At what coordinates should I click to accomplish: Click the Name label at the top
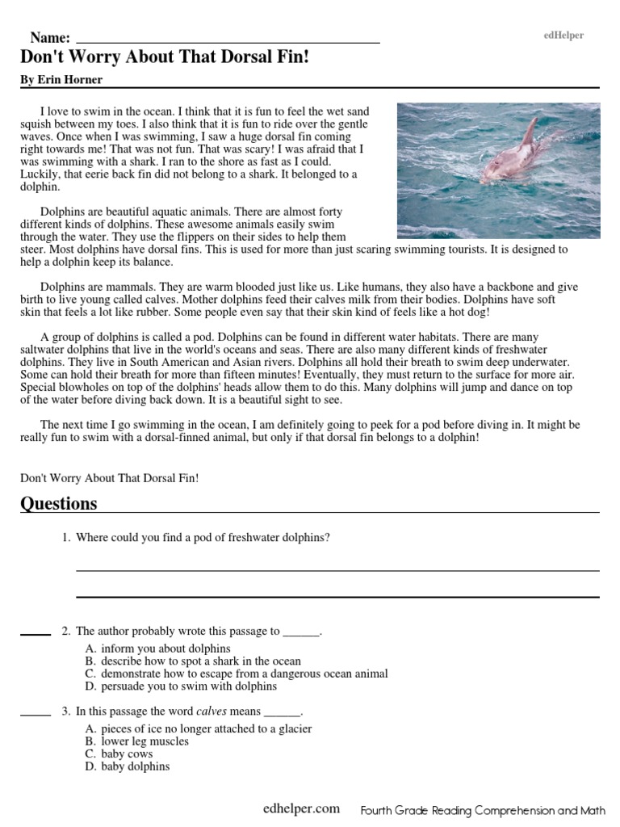coord(50,38)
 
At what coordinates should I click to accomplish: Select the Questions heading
coord(58,503)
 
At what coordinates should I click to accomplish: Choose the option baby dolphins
coord(135,766)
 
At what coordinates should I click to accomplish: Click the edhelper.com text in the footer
coord(301,808)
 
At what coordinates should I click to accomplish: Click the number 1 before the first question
coord(65,538)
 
